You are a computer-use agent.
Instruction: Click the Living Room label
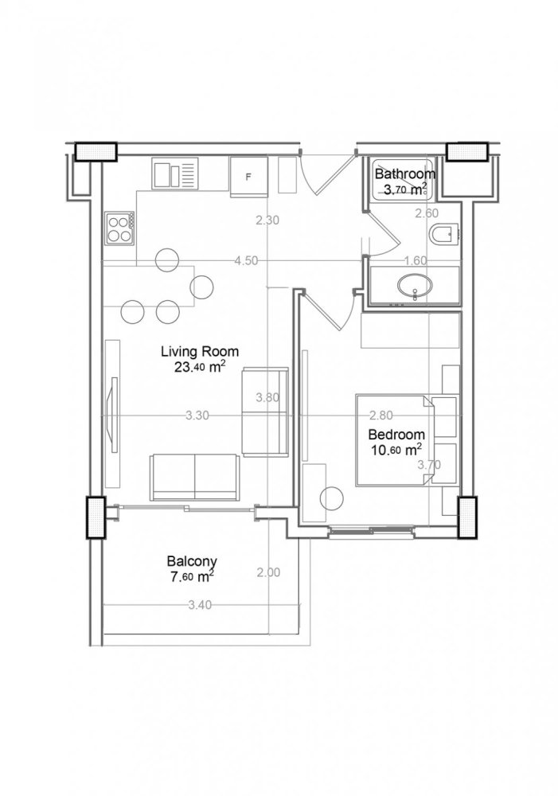pyautogui.click(x=199, y=350)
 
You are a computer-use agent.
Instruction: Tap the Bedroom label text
pyautogui.click(x=396, y=435)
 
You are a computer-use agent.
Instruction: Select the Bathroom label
pyautogui.click(x=405, y=174)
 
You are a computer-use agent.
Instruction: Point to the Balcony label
pyautogui.click(x=193, y=560)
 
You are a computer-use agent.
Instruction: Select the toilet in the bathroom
pyautogui.click(x=443, y=234)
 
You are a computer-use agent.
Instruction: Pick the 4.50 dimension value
pyautogui.click(x=245, y=259)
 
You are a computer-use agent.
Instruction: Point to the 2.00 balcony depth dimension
pyautogui.click(x=268, y=572)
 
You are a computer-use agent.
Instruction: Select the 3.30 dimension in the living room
pyautogui.click(x=197, y=415)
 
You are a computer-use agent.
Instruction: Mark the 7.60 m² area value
pyautogui.click(x=192, y=576)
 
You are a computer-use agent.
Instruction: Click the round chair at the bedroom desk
pyautogui.click(x=331, y=500)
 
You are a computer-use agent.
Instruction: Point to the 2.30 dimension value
pyautogui.click(x=267, y=221)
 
